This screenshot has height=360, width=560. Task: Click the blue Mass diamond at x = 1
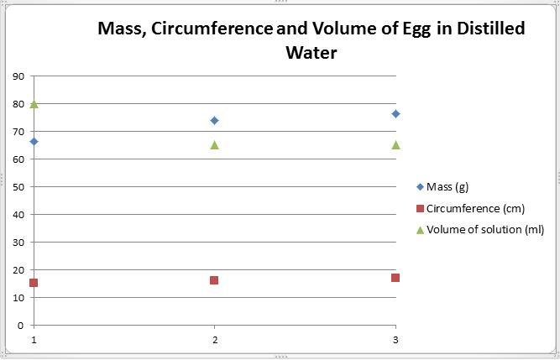(x=34, y=141)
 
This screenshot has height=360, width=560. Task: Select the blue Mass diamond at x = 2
(x=214, y=120)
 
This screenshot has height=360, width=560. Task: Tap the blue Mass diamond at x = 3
(x=395, y=113)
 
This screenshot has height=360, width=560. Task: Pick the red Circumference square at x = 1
(x=34, y=283)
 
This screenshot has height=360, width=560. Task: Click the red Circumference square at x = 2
(x=214, y=280)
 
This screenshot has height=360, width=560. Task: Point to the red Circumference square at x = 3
(x=395, y=278)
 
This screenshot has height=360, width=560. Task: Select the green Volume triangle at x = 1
(x=34, y=104)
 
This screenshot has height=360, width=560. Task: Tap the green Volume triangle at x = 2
(x=214, y=144)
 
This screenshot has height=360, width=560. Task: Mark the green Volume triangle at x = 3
(x=395, y=144)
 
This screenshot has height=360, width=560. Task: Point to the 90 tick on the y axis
(x=18, y=76)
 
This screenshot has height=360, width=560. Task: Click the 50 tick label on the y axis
(x=18, y=186)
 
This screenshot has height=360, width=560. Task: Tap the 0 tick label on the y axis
(x=21, y=325)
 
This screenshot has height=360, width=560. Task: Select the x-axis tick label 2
(x=215, y=340)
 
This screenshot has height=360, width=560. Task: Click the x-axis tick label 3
(x=395, y=340)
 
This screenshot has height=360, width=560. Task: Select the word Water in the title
(x=311, y=52)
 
